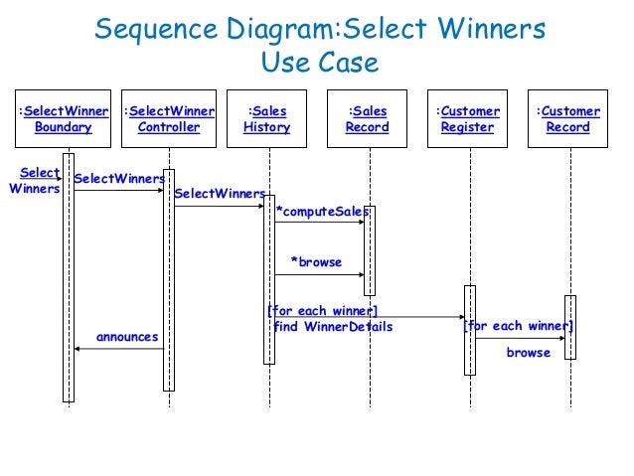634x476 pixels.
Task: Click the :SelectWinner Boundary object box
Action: tap(64, 119)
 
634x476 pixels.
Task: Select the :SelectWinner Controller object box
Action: tap(169, 119)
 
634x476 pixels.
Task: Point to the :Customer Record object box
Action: tap(567, 119)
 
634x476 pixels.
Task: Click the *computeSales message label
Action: tap(322, 212)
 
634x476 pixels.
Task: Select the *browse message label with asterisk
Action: tap(315, 262)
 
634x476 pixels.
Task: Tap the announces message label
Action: tap(127, 337)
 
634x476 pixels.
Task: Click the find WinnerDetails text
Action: tap(333, 327)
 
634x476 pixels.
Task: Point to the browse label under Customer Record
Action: tap(528, 353)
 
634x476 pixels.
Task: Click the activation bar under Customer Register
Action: tap(470, 330)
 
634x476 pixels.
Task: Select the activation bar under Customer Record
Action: tap(569, 326)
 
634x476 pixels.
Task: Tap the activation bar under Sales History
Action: tap(268, 279)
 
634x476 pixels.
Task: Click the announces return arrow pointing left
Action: tap(119, 350)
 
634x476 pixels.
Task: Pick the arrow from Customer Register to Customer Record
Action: tap(520, 339)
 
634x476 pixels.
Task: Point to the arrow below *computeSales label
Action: tap(318, 223)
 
